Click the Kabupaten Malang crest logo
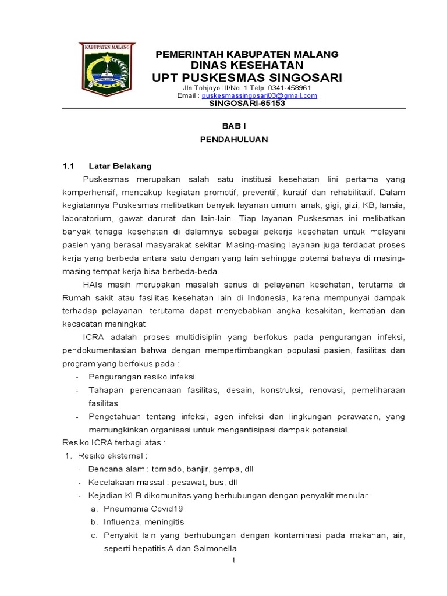click(107, 69)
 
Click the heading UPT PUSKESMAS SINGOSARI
click(247, 78)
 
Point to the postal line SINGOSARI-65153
click(247, 103)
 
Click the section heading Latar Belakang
click(120, 166)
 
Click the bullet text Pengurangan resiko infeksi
click(141, 377)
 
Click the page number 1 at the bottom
click(233, 560)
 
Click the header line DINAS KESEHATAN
click(247, 65)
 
